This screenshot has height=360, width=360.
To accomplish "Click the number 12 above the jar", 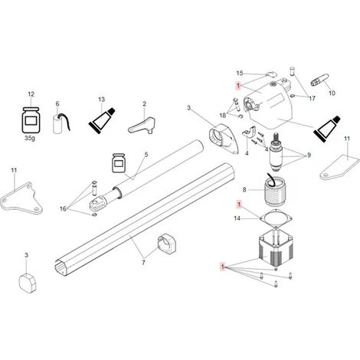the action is [x=31, y=94].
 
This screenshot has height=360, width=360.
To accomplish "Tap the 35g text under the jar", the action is [x=30, y=138].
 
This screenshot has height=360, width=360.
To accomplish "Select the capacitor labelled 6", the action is [x=61, y=124].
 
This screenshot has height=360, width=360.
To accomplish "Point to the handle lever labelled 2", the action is [x=142, y=126].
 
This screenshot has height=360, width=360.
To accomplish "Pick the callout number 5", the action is [x=146, y=155].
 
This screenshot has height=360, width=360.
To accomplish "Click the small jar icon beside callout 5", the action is [x=119, y=163].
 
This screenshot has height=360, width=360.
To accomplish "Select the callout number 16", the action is [x=63, y=209].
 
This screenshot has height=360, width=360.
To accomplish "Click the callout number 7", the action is [x=143, y=262].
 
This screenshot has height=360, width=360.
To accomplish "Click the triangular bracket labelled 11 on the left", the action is [x=21, y=198].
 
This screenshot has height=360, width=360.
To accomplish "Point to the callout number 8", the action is [x=244, y=190].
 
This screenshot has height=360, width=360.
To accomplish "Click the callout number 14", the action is [x=237, y=218].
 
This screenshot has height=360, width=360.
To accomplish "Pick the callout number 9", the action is [x=309, y=155].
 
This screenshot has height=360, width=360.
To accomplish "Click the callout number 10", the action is [x=332, y=93].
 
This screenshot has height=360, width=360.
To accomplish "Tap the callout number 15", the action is [x=240, y=74].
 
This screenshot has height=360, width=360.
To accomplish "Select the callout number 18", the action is [x=223, y=115].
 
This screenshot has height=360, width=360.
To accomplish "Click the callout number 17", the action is [x=312, y=98].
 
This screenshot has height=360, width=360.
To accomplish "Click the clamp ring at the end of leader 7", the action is [x=166, y=244].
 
